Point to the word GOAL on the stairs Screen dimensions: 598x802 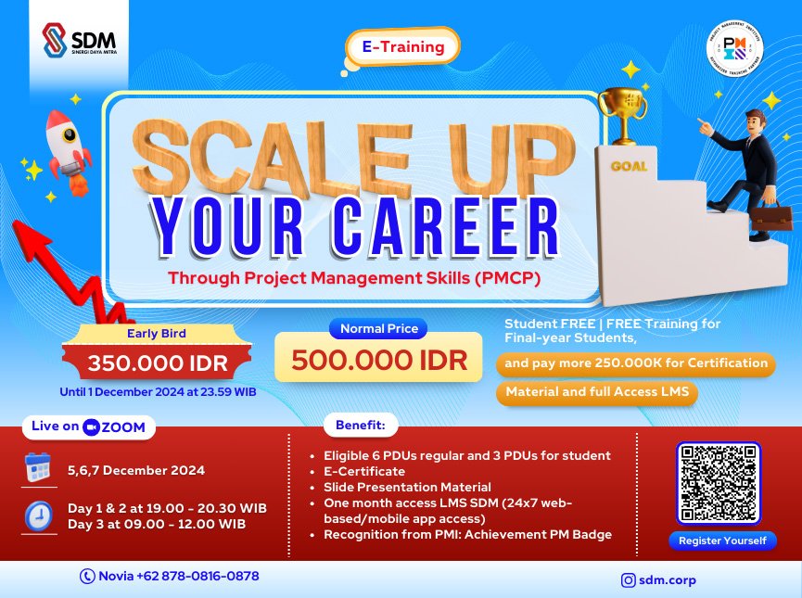tap(629, 167)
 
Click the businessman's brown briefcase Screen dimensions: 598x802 tap(770, 218)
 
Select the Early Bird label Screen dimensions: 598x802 tap(155, 334)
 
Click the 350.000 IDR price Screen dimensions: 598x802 tap(156, 363)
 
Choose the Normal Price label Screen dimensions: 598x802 tap(378, 328)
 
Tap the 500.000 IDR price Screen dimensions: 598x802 tap(379, 359)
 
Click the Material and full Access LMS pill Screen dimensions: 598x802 tap(597, 392)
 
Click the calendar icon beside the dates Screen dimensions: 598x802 tap(38, 469)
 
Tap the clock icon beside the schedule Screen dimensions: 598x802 tap(38, 515)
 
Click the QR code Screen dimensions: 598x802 tap(720, 483)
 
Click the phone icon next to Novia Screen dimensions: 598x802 tap(88, 576)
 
